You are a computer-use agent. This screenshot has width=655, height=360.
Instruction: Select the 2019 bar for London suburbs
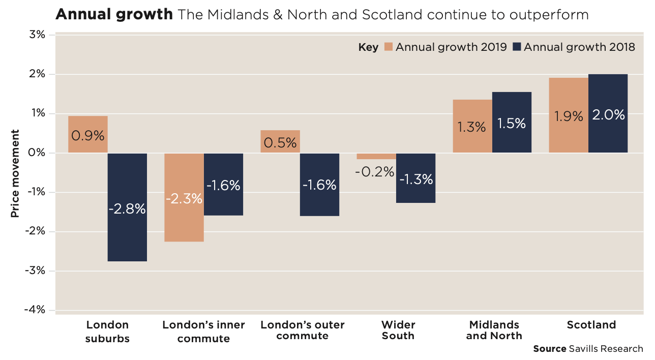pos(87,127)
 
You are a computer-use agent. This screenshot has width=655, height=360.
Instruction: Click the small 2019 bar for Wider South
pos(376,156)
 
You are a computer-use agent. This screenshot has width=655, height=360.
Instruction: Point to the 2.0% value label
pos(608,115)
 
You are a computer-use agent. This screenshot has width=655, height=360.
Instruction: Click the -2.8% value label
pos(127,208)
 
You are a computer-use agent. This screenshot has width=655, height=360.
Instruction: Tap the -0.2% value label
pos(375,172)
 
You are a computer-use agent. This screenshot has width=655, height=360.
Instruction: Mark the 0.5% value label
pos(280,142)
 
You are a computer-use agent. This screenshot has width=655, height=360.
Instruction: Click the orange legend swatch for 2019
pos(389,47)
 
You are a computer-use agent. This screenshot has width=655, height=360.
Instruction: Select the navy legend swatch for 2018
pos(517,47)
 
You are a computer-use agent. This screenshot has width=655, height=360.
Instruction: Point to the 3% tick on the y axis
pos(38,35)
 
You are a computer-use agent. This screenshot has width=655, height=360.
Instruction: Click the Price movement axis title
pos(15,173)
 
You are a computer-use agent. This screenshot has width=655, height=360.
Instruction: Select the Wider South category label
pos(398,330)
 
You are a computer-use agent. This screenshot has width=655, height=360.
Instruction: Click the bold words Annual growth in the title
pos(114,14)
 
